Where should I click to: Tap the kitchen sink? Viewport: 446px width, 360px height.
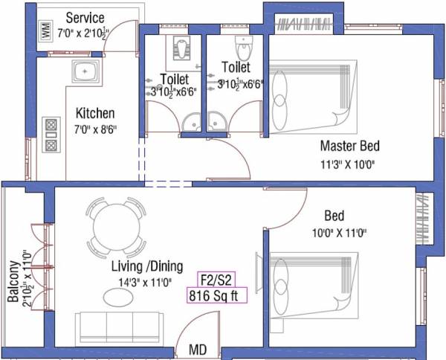pyautogui.click(x=84, y=72)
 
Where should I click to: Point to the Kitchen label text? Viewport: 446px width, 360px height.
pyautogui.click(x=95, y=114)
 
